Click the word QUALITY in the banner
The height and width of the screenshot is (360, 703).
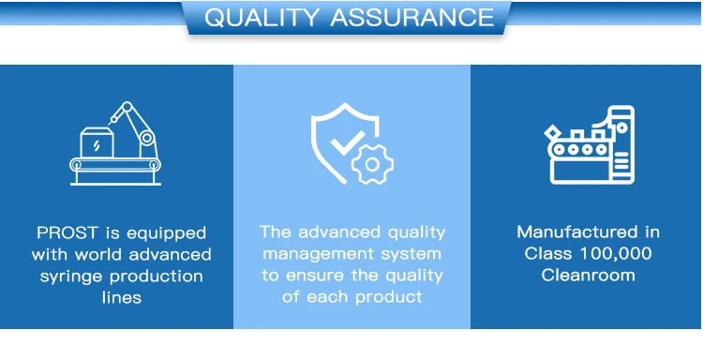(262, 18)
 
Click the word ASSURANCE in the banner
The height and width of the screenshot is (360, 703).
(412, 18)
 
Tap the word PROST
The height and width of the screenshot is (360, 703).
(67, 233)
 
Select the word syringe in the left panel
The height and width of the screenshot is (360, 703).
(72, 277)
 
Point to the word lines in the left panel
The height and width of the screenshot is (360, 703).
(122, 297)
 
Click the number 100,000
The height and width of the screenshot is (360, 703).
(616, 254)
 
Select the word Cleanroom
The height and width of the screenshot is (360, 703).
(588, 275)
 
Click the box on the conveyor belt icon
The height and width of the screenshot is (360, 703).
(97, 142)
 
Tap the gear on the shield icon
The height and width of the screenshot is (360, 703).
(372, 164)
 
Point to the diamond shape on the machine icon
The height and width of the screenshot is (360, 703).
(554, 134)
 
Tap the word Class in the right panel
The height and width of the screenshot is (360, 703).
(548, 254)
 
